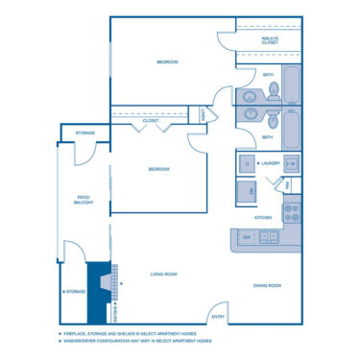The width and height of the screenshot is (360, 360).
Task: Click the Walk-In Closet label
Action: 270,40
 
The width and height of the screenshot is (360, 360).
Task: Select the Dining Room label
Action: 266,285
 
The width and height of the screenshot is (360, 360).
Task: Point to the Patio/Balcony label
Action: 84,201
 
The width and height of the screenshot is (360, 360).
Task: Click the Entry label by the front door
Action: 218,316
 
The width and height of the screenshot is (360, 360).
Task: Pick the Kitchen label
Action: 263,218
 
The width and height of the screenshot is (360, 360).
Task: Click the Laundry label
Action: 270,164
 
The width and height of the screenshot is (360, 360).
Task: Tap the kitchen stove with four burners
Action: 292,208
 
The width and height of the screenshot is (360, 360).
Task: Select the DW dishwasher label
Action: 247,236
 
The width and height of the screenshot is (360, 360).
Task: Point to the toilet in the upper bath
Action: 275,91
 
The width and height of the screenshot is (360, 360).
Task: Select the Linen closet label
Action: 203,114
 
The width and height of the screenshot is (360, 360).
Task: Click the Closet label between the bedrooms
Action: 151,122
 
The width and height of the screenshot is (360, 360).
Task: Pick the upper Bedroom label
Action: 168,62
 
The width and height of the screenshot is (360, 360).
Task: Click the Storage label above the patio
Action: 84,132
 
